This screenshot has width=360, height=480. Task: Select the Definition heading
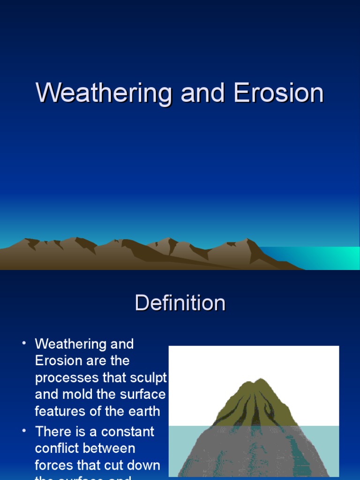point(180,303)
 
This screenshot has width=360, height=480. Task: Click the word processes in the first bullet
point(67,378)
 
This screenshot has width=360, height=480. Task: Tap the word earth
point(142,412)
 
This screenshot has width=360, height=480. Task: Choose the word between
point(112,449)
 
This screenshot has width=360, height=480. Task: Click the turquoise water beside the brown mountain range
point(328,258)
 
